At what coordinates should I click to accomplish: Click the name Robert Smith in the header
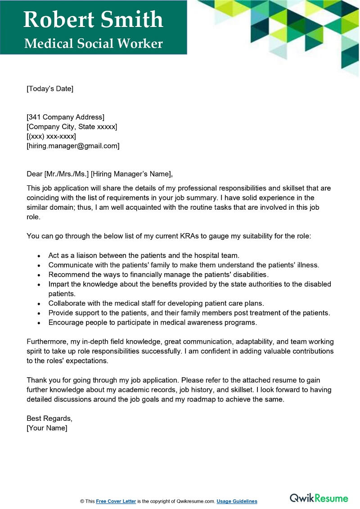(93, 20)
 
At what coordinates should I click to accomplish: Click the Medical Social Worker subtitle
(93, 44)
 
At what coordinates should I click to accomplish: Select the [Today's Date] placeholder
(50, 89)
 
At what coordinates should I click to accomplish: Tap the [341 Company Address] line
(66, 117)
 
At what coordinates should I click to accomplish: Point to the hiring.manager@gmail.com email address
(73, 146)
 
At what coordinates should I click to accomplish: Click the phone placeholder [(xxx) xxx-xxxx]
(51, 136)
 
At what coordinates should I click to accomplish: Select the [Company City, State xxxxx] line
(72, 127)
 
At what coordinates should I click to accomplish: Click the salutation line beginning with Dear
(99, 174)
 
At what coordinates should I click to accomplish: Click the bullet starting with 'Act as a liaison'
(144, 255)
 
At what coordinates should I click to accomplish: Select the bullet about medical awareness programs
(153, 322)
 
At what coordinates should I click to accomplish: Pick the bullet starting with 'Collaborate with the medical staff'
(156, 303)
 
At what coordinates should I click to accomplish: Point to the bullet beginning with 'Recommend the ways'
(158, 275)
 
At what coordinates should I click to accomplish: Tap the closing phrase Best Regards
(49, 419)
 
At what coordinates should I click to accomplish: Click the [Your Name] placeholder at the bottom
(47, 428)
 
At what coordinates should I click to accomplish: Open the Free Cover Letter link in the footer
(116, 501)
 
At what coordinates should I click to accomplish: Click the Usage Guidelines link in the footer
(237, 501)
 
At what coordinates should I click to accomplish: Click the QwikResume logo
(319, 498)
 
